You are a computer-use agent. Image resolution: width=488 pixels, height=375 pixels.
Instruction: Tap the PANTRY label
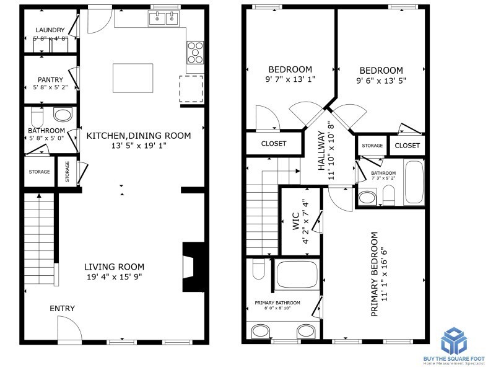[x=51, y=79]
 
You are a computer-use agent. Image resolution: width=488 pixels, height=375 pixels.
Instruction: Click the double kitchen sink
[x=163, y=20]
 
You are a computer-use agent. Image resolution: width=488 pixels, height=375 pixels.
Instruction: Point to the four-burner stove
[x=196, y=52]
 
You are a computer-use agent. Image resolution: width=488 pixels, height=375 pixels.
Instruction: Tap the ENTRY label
[x=63, y=309]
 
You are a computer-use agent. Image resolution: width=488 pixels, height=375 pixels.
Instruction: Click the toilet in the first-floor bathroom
[x=37, y=117]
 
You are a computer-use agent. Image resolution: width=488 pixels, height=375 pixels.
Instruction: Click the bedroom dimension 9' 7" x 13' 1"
[x=290, y=79]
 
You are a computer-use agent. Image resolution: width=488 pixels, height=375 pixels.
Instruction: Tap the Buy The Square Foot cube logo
[x=457, y=340]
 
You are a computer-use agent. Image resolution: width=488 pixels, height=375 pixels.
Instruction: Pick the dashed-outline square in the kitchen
[x=191, y=89]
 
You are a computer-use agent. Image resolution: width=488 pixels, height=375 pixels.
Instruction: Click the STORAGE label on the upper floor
[x=372, y=146]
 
